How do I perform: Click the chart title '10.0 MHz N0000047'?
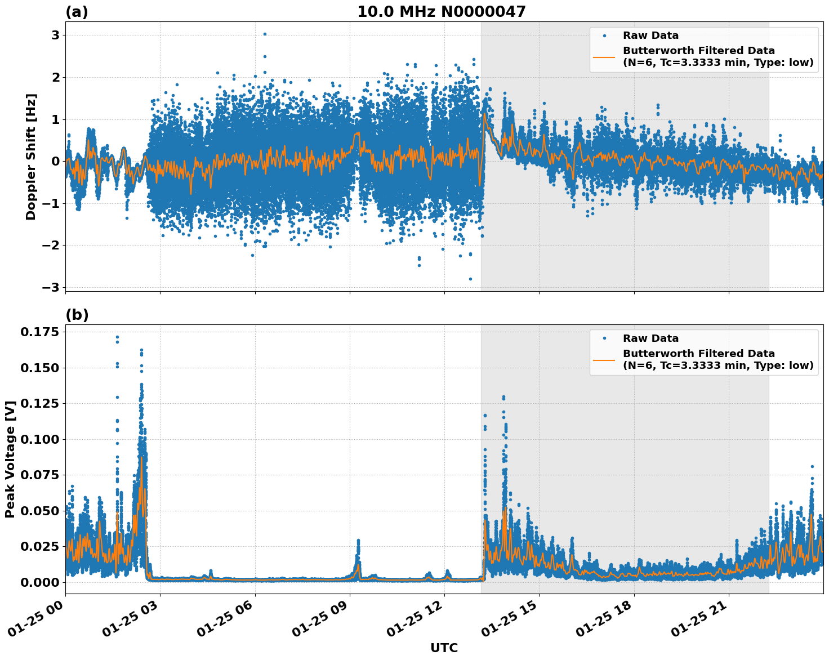[x=441, y=12]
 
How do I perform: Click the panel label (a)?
[x=77, y=12]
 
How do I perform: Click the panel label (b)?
[x=77, y=315]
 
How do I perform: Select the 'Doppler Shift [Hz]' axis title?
[x=31, y=157]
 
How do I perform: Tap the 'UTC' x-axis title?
[x=444, y=648]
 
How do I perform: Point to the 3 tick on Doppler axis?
[x=55, y=35]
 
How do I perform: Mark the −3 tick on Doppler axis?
[x=51, y=287]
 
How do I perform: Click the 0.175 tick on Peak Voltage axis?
[x=39, y=332]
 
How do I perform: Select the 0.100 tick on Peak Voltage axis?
[x=39, y=439]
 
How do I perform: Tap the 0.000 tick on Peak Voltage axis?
[x=39, y=582]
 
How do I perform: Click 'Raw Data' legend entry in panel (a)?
[x=650, y=35]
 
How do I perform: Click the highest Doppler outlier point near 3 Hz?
[x=265, y=34]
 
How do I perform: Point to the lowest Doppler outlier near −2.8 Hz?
[x=470, y=279]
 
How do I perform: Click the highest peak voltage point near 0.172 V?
[x=117, y=337]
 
